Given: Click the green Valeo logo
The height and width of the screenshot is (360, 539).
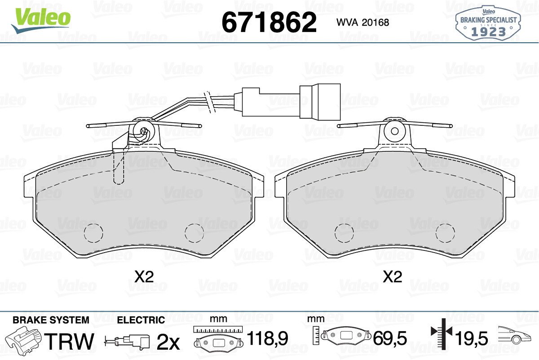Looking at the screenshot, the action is [x=41, y=21].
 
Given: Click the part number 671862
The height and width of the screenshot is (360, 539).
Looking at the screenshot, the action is [x=269, y=22].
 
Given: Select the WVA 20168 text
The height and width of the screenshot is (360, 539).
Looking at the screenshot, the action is [x=362, y=22].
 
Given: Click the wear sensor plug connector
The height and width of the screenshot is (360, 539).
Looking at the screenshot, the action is [x=292, y=102].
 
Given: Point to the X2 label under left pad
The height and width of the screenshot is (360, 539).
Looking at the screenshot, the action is [x=144, y=277].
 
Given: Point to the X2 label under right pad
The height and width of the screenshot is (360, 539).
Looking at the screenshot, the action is [x=393, y=277].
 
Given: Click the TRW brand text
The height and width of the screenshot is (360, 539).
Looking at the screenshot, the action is [x=69, y=341].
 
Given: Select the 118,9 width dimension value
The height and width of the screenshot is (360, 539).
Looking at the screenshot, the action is [x=267, y=338].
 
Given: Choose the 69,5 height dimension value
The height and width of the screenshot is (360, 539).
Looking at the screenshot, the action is [x=390, y=338].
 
